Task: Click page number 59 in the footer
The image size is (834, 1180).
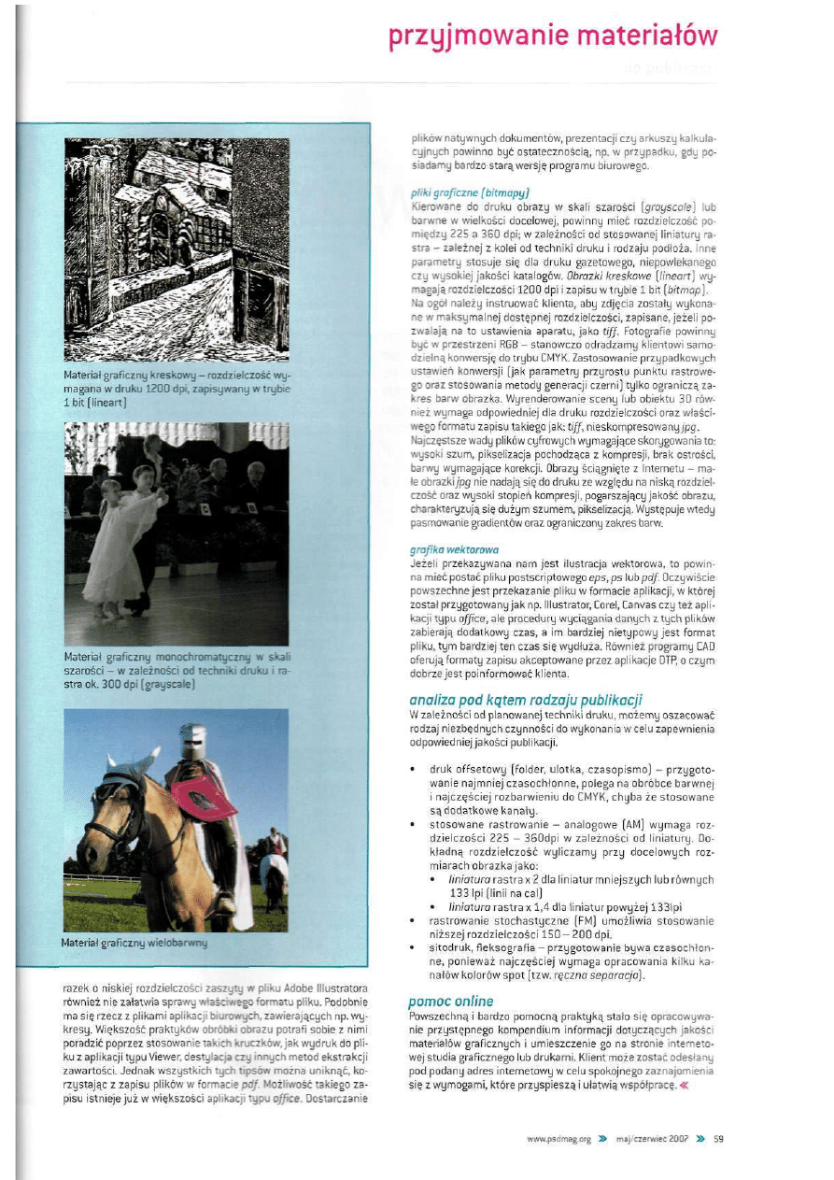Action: pyautogui.click(x=718, y=1139)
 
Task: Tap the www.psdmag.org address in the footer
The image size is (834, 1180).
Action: pyautogui.click(x=559, y=1139)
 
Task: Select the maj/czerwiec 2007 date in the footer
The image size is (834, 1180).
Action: pyautogui.click(x=652, y=1139)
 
